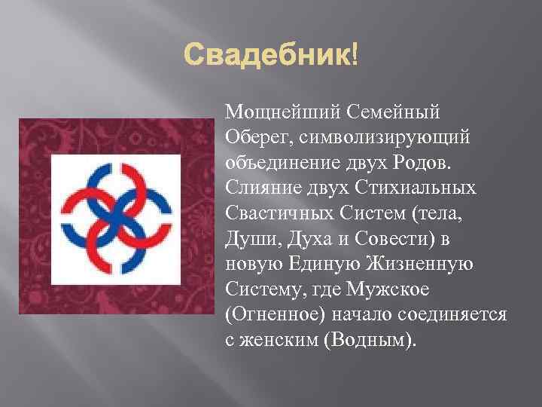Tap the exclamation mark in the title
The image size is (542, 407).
(x=354, y=55)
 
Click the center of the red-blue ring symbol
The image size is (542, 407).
(x=111, y=216)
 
